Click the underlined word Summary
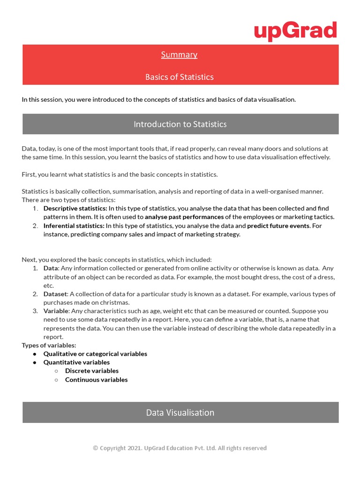[x=179, y=55]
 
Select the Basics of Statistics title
[x=179, y=77]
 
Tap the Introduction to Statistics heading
[x=180, y=124]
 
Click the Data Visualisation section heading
[x=180, y=412]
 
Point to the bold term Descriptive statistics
[x=75, y=208]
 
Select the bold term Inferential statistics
[x=74, y=225]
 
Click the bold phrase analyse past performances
[x=184, y=217]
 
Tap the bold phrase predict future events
[x=278, y=225]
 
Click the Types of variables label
[x=49, y=345]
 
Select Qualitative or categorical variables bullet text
[x=95, y=354]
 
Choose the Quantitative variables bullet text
[x=76, y=362]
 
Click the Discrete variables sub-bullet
[x=91, y=371]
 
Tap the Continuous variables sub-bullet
[x=96, y=380]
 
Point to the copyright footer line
[x=180, y=448]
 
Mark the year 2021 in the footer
[x=135, y=448]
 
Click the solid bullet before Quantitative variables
[x=35, y=362]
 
